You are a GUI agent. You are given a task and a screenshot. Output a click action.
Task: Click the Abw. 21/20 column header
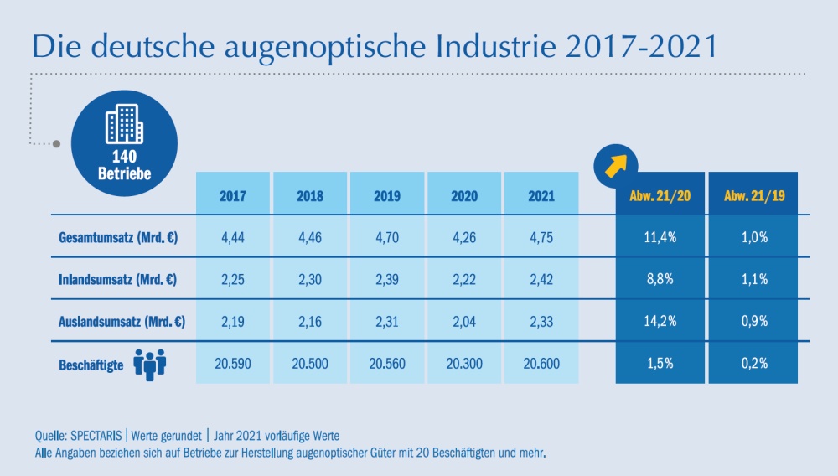[659, 196]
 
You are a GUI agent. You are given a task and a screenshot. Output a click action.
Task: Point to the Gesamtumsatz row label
[117, 237]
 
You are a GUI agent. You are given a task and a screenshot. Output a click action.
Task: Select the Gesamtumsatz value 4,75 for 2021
[541, 237]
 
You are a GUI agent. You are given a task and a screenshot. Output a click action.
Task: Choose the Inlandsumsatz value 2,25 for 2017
[232, 279]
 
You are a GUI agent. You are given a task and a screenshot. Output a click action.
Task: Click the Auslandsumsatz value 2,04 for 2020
[463, 321]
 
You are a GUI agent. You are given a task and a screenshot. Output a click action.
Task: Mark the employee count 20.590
[232, 363]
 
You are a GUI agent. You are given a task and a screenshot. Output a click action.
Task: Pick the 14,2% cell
[659, 321]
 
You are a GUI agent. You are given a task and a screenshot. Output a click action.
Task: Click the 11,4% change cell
[659, 237]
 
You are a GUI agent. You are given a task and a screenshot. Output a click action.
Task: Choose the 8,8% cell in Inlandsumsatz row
[659, 279]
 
